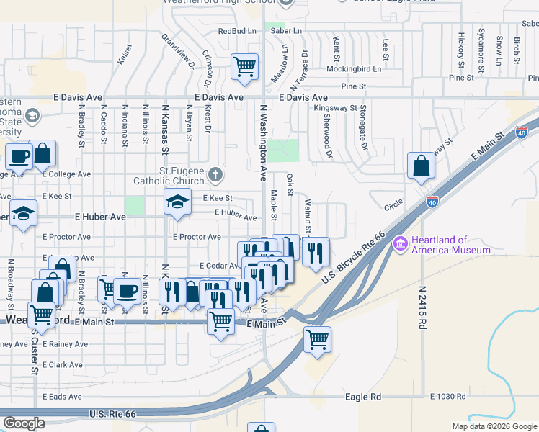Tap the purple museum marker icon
click(x=400, y=246)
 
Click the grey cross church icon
click(x=215, y=174)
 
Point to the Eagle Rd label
click(x=362, y=397)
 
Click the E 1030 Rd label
click(x=448, y=397)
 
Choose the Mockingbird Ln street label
click(x=352, y=69)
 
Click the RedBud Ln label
click(x=237, y=32)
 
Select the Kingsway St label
click(x=335, y=108)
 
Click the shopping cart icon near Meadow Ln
click(x=244, y=66)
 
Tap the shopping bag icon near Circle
click(x=420, y=166)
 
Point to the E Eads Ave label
click(x=62, y=397)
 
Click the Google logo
click(x=24, y=423)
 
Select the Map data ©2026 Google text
click(x=494, y=426)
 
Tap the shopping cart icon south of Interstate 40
click(x=316, y=338)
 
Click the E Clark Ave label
click(x=61, y=365)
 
